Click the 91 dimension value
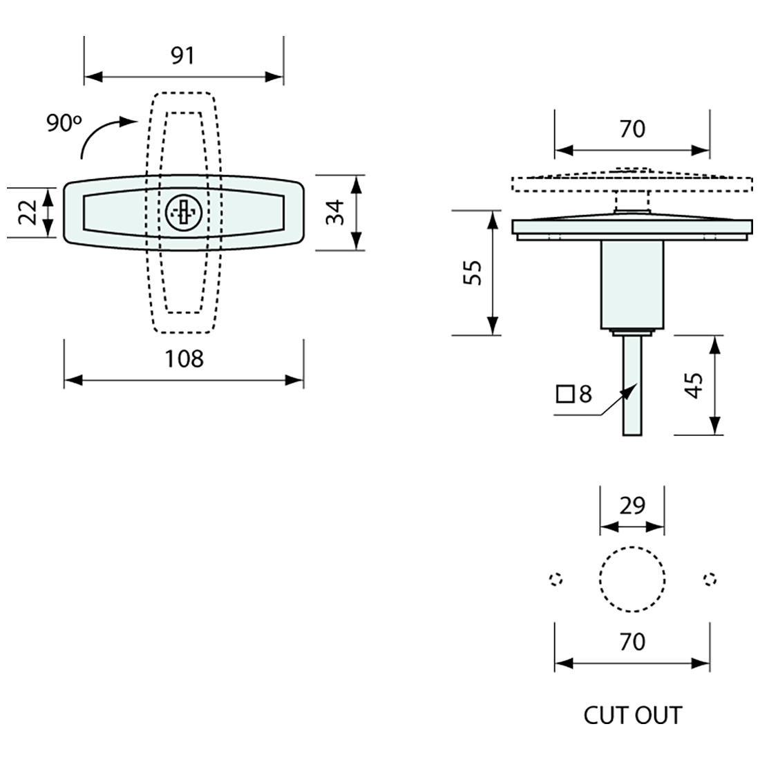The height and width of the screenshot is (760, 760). coord(182,55)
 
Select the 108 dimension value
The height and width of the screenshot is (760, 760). coord(184,359)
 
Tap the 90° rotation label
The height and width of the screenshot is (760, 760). coord(64,123)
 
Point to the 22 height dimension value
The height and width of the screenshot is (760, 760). coord(28,212)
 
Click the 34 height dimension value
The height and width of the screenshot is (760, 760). coord(335,212)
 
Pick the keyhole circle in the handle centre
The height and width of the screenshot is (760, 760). coord(183,212)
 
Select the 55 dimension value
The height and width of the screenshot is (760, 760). coord(473,273)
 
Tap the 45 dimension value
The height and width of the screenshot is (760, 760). coord(695,386)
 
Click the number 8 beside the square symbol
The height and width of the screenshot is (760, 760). coord(585,394)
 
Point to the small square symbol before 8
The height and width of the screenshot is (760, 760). coord(565,394)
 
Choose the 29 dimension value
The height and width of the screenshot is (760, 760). coord(632,506)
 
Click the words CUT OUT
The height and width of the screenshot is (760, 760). coord(632,715)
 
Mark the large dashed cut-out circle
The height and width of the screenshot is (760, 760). coord(632,579)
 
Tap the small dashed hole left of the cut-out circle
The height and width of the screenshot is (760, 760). coord(556,579)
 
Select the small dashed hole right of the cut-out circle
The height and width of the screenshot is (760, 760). coord(710,579)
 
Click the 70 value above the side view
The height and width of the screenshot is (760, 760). coord(632,129)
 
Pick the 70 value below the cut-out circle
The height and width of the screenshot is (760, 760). coord(632,642)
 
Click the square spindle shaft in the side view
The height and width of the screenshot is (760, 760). coord(632,386)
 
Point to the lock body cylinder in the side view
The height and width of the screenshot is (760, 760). coord(632,285)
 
